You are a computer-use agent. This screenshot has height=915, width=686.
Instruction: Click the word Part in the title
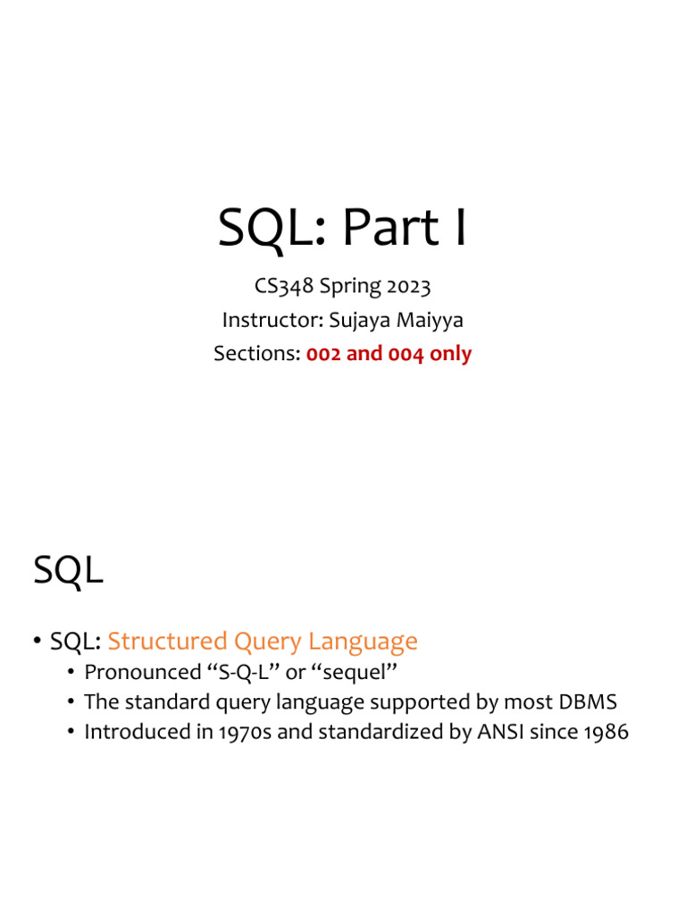point(390,227)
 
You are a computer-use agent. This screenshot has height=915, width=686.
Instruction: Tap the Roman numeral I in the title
point(461,227)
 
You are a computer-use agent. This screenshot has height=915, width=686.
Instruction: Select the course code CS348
point(284,286)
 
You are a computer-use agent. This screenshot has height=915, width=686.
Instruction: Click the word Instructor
point(273,320)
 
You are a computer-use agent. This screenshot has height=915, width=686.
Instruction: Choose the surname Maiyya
point(430,321)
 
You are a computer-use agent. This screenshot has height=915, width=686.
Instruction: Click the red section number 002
point(323,354)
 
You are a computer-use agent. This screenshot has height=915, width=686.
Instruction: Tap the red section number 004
point(406,354)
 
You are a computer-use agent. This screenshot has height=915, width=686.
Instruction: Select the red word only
point(450,354)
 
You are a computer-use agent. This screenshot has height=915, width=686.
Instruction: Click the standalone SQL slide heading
point(68,570)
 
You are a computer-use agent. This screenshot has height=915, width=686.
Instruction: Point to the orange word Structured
point(168,641)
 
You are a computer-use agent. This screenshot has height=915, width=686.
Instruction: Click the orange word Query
point(268,642)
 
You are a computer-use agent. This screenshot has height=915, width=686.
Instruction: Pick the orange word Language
point(363,642)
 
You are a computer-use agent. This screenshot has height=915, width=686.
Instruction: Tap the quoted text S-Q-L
point(243,672)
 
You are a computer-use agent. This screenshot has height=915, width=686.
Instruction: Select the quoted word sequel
point(354,673)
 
